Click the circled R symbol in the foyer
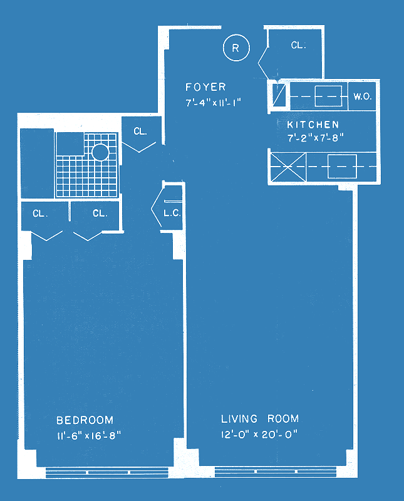236,48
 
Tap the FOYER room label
205,87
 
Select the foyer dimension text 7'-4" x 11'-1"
213,103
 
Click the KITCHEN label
313,124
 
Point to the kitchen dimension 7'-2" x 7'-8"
316,138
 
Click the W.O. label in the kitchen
363,96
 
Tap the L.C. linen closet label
172,213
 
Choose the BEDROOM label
85,420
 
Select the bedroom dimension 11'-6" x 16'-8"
89,435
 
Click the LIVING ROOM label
260,418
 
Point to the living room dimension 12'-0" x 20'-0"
259,435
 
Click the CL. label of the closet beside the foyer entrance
299,45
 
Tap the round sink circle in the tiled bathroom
100,152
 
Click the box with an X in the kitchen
288,167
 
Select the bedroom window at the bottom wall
107,472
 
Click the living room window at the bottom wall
276,472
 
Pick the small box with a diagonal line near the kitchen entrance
279,95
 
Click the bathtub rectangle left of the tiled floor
37,163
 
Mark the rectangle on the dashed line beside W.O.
328,96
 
